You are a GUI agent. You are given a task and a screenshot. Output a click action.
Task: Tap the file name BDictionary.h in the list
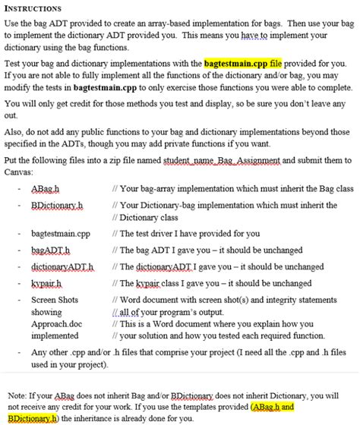tap(56, 205)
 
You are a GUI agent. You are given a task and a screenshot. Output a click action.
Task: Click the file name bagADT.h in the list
tap(50, 250)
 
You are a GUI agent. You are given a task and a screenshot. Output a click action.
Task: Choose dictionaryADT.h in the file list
tap(62, 267)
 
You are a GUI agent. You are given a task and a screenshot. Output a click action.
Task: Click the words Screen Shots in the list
tap(55, 301)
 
